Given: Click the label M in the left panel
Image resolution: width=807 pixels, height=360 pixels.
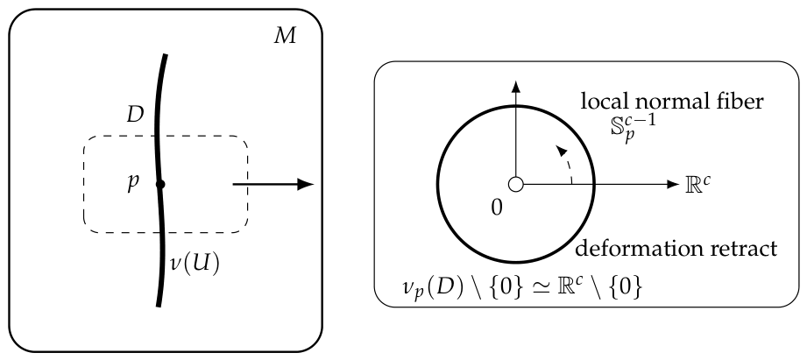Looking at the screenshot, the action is point(285,37).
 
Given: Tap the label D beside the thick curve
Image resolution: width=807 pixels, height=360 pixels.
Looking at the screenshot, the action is point(135,116).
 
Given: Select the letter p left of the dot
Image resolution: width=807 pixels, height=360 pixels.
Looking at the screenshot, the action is point(133,184).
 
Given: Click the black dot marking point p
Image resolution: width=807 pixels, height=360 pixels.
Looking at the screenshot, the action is point(160,184).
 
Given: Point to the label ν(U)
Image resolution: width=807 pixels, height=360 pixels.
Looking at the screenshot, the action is point(195,264).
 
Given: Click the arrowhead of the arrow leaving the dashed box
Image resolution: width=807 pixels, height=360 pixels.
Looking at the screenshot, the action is point(306,184).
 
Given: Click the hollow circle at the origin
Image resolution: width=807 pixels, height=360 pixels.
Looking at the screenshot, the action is point(515,184).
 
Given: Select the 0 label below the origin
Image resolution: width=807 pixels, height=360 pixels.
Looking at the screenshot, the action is point(497,208).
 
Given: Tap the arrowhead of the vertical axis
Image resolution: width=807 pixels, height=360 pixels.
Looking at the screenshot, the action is point(515,87).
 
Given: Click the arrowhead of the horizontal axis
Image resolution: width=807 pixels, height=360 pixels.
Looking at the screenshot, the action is point(673,184).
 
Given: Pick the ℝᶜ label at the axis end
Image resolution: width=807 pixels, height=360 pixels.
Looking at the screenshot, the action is point(698,185).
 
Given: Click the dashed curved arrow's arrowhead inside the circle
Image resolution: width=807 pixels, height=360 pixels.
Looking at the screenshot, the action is point(562,150).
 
